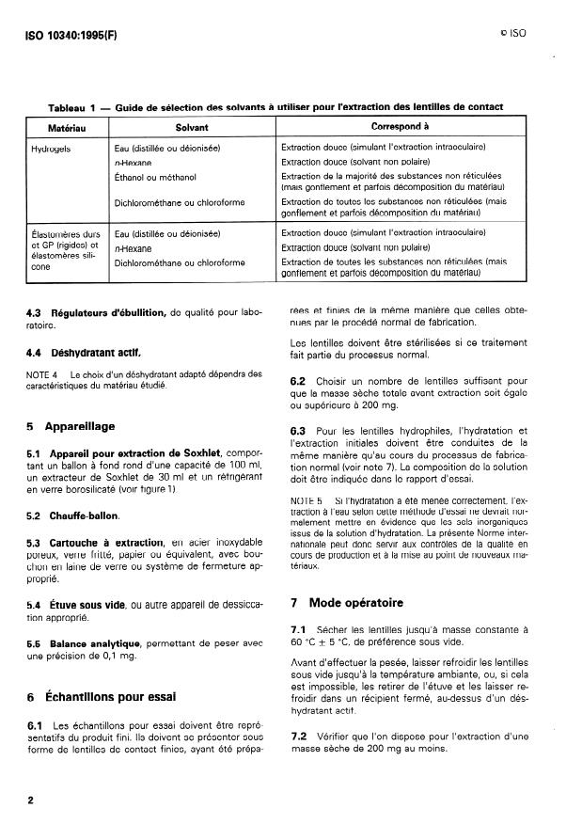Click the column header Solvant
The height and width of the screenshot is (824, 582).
point(191,125)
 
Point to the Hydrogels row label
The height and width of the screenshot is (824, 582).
point(49,149)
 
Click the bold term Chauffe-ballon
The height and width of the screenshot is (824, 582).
point(90,516)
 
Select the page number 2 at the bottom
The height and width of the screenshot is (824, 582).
point(31,800)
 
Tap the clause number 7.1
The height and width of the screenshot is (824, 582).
point(299,626)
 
